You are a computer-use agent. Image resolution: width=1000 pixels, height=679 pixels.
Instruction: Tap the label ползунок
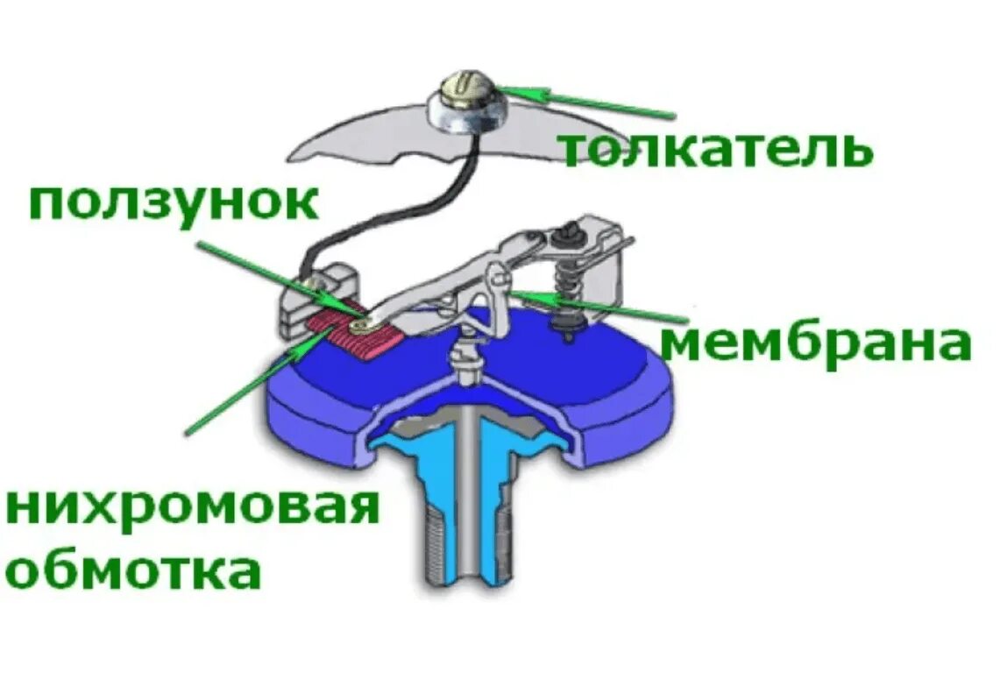tap(173, 204)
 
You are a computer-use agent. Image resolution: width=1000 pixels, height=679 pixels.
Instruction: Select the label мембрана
tap(815, 344)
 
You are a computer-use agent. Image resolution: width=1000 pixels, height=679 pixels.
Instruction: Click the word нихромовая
tap(193, 508)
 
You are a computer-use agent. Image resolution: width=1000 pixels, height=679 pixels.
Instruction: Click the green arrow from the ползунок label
tap(272, 278)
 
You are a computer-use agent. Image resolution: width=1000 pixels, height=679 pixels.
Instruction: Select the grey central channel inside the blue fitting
tap(474, 491)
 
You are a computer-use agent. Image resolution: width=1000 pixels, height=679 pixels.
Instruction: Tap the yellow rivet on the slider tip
tap(360, 325)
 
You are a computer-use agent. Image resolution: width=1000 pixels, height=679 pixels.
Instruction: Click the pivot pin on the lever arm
tap(500, 279)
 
